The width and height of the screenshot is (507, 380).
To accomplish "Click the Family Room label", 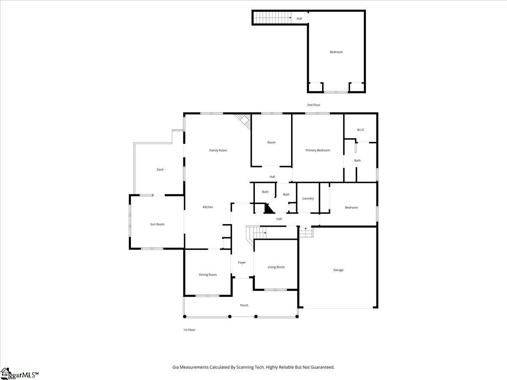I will pyautogui.click(x=218, y=150).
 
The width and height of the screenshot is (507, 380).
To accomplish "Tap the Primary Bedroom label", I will pyautogui.click(x=318, y=150).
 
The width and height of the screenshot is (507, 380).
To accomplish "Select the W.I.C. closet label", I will pyautogui.click(x=360, y=130).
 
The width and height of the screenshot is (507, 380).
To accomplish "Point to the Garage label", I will pyautogui.click(x=338, y=270).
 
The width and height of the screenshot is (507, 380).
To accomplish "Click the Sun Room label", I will pyautogui.click(x=157, y=224).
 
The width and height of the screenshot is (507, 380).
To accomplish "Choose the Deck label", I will pyautogui.click(x=160, y=169).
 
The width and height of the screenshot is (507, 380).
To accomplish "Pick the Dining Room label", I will pyautogui.click(x=207, y=275).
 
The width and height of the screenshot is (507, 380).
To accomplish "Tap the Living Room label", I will pyautogui.click(x=276, y=267).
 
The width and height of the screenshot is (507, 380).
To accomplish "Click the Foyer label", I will pyautogui.click(x=242, y=263).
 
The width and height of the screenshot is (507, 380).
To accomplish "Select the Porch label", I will pyautogui.click(x=244, y=305).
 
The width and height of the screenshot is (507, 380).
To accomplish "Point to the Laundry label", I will pyautogui.click(x=308, y=198).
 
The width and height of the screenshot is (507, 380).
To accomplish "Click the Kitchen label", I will pyautogui.click(x=207, y=207).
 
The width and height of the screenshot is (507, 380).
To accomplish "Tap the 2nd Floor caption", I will pyautogui.click(x=313, y=105).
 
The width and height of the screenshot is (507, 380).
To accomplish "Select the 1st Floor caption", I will pyautogui.click(x=189, y=330).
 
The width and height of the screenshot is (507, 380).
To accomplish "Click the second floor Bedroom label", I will pyautogui.click(x=336, y=52).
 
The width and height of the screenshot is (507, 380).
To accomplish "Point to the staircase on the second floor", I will pyautogui.click(x=273, y=18).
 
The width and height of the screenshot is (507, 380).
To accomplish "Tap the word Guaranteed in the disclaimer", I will pyautogui.click(x=320, y=367).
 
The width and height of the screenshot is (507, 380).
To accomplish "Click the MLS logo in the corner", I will pyautogui.click(x=19, y=374).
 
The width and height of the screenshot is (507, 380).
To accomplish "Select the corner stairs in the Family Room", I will pyautogui.click(x=244, y=120).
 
